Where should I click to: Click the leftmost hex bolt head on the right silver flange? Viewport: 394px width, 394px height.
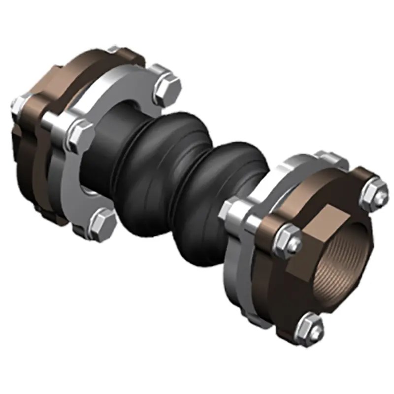pos(231,209)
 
